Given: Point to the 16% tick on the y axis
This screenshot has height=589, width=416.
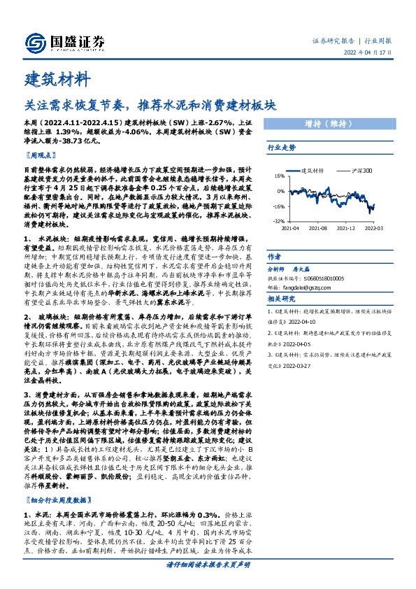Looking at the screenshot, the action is pyautogui.click(x=280, y=176).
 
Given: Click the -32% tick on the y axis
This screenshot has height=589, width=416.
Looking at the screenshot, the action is pyautogui.click(x=279, y=220).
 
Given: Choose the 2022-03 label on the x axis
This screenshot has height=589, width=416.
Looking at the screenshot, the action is pyautogui.click(x=374, y=228).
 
